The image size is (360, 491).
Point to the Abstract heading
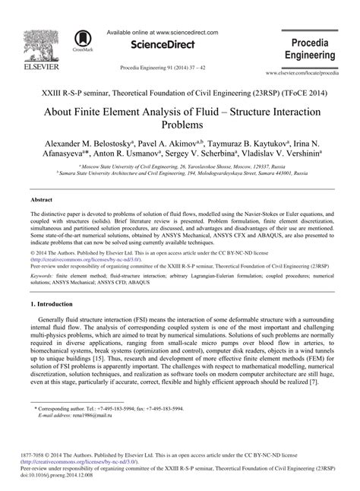41,198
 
